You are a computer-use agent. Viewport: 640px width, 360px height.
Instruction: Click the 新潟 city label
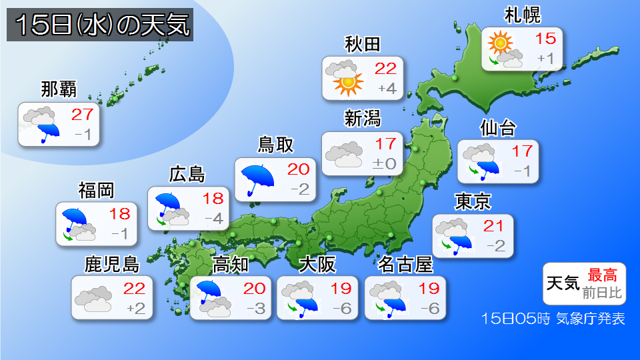point(363,119)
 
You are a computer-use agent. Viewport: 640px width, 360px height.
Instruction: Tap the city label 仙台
point(497,127)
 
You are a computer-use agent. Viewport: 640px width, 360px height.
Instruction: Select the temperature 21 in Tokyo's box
point(494,224)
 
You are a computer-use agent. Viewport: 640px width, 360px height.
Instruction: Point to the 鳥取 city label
point(275,145)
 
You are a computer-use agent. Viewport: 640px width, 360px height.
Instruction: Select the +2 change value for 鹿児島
point(136,308)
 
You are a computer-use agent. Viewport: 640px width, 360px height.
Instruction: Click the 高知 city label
point(230,265)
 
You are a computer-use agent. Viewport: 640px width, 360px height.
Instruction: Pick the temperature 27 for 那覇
point(83,114)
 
